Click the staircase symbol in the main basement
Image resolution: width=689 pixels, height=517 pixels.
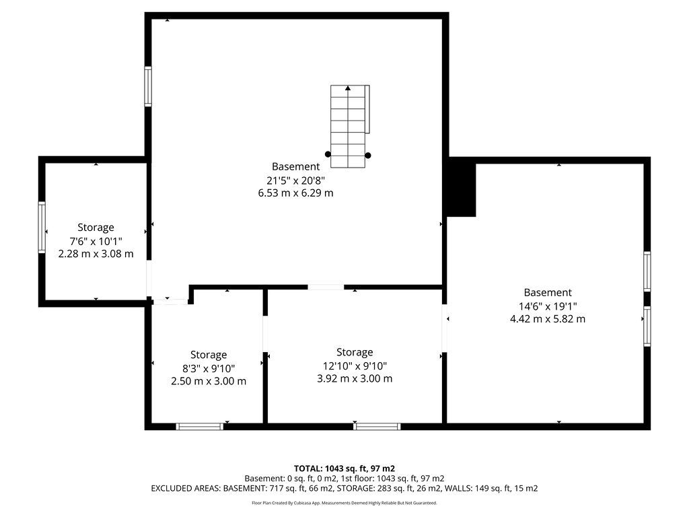coord(350,127)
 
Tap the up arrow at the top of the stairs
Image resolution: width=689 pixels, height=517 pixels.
coord(348,88)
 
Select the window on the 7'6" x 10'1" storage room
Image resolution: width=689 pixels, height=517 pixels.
coord(42,228)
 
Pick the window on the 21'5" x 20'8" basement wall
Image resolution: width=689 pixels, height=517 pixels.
coord(148,86)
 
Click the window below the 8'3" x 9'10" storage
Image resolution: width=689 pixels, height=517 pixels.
coord(199,426)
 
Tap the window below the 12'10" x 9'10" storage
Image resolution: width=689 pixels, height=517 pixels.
coord(377,426)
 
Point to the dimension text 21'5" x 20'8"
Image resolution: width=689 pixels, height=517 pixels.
coord(296,180)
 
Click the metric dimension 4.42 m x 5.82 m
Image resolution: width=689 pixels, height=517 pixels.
coord(548,319)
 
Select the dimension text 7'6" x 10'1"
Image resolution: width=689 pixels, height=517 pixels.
coord(96,242)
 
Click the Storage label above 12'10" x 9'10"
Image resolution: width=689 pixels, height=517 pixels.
coord(355,352)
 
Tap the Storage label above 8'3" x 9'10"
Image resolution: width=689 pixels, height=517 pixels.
coord(209,355)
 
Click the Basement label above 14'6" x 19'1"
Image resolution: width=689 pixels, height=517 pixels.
coord(548,292)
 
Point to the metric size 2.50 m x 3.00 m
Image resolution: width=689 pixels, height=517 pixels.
coord(209,381)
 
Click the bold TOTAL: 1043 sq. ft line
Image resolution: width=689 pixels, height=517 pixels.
coord(344,469)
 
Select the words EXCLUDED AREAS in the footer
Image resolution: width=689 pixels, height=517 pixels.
coord(186,489)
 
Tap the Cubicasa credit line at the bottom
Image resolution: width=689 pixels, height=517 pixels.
coord(344,503)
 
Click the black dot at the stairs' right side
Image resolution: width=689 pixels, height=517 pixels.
coord(368,156)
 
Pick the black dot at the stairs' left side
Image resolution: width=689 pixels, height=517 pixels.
coord(328,154)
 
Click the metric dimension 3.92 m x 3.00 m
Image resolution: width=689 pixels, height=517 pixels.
coord(355,378)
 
